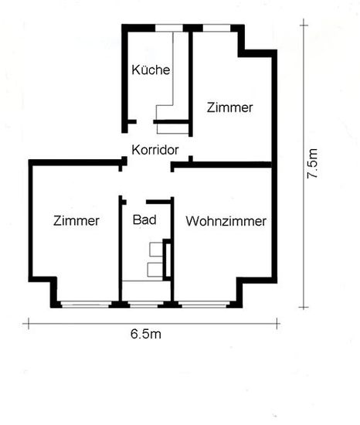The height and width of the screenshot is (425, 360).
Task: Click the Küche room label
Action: click(151, 70)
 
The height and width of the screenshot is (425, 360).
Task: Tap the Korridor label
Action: click(155, 150)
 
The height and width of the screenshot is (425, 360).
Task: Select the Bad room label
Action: click(144, 219)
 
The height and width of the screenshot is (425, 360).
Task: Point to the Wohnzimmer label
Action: click(226, 221)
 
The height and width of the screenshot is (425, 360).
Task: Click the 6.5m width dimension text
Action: click(146, 334)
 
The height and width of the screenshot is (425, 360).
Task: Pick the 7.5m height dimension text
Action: click(312, 164)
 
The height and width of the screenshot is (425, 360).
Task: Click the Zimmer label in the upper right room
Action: click(229, 107)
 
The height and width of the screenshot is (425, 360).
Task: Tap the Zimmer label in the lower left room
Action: click(76, 221)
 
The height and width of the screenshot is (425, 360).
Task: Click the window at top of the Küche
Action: click(169, 28)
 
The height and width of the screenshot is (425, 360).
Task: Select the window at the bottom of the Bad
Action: click(144, 304)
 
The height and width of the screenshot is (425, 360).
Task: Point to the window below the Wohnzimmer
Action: click(204, 304)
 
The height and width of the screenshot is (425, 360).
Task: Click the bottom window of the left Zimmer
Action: click(85, 304)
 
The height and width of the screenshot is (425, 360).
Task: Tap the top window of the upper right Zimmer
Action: click(216, 28)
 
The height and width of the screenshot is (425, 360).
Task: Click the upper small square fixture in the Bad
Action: click(156, 250)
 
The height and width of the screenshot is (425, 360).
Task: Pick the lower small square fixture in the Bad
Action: click(155, 270)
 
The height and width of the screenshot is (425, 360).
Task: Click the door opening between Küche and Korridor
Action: click(145, 121)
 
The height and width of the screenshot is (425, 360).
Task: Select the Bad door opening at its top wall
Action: click(136, 202)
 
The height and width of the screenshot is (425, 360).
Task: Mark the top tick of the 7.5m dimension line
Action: click(304, 25)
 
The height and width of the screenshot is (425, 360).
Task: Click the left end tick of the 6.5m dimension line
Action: click(29, 323)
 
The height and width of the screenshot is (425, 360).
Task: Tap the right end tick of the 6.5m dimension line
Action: click(277, 323)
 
